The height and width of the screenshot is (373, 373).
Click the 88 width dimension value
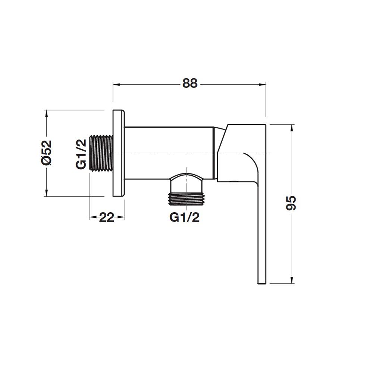coord(189,84)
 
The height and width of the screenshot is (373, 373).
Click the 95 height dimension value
coord(292,203)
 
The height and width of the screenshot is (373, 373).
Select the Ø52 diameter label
coord(46,153)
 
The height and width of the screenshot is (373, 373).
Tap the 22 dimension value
coord(107,217)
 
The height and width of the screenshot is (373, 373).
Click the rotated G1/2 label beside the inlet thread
coord(81,153)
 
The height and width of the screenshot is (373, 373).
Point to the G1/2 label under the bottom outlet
coord(184,217)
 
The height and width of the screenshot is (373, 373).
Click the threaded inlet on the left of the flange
coord(101,153)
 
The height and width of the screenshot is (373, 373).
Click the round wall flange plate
coord(119,153)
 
